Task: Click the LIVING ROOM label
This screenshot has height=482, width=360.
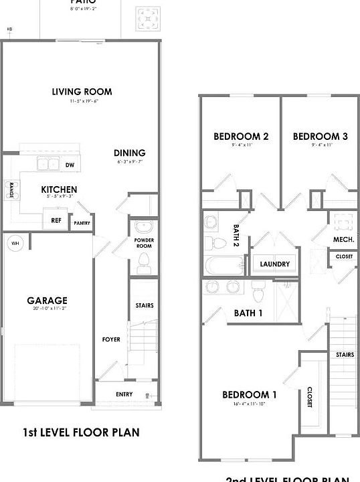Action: click(x=82, y=92)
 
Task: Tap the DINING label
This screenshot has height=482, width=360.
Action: click(x=129, y=153)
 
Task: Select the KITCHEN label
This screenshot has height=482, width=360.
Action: click(x=59, y=190)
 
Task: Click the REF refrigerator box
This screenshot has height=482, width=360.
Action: click(x=57, y=220)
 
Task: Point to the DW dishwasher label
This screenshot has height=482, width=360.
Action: click(x=70, y=164)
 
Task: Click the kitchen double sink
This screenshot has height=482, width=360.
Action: click(x=48, y=163)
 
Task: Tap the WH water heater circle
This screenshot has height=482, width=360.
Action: click(x=15, y=242)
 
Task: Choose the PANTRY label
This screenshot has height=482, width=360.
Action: click(x=82, y=224)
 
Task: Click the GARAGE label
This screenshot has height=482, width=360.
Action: click(x=47, y=301)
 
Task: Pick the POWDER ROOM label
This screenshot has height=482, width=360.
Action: click(x=144, y=242)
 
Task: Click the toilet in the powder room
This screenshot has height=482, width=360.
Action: click(x=143, y=266)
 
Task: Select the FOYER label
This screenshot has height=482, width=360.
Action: click(x=111, y=339)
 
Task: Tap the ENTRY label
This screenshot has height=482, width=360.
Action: click(x=124, y=394)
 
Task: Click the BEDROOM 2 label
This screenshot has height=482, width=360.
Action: click(x=241, y=137)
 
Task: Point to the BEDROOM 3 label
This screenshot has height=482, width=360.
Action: click(x=320, y=137)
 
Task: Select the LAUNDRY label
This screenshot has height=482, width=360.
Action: click(x=274, y=264)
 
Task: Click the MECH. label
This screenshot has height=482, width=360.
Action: click(x=343, y=239)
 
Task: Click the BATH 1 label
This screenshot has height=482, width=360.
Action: click(x=248, y=313)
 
